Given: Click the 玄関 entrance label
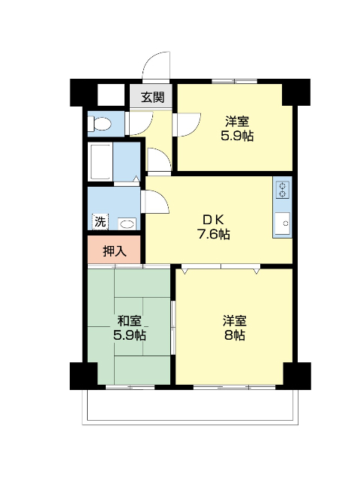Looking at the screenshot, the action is (x=152, y=97).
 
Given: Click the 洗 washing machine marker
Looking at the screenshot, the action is (x=100, y=221).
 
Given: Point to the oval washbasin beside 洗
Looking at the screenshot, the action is (x=127, y=223).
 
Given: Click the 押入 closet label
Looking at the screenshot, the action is (x=114, y=251).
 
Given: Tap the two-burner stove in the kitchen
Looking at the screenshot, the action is (x=282, y=190).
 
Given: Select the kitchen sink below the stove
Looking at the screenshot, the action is (x=282, y=223).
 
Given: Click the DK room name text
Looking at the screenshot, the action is (x=214, y=220).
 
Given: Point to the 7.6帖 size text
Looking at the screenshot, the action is (x=213, y=235).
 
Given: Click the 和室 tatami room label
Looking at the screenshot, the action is (x=130, y=321).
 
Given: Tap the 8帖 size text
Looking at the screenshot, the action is (x=235, y=336).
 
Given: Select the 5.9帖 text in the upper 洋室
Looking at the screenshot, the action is (x=237, y=136).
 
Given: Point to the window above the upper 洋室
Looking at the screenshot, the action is (x=235, y=81).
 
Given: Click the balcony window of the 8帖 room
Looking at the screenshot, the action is (x=235, y=387).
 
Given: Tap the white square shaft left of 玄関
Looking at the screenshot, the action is (x=111, y=94).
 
